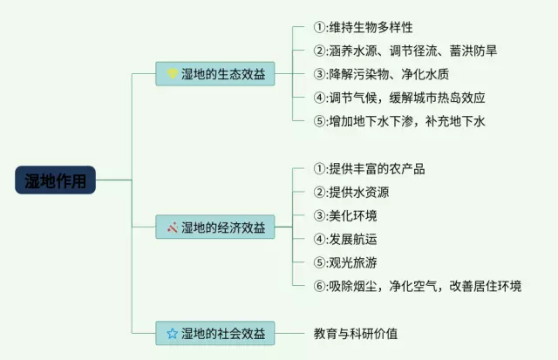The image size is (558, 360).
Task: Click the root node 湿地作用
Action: click(x=55, y=180)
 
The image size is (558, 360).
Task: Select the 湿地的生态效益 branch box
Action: click(x=214, y=73)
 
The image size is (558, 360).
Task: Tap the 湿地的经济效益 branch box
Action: click(x=214, y=228)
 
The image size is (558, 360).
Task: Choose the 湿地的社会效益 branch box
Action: click(x=214, y=332)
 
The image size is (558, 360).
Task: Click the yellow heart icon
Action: click(x=172, y=73)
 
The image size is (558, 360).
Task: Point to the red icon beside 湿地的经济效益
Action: click(x=172, y=228)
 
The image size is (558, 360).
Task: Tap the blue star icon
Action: click(x=172, y=333)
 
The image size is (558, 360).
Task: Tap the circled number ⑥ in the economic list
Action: click(x=319, y=286)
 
